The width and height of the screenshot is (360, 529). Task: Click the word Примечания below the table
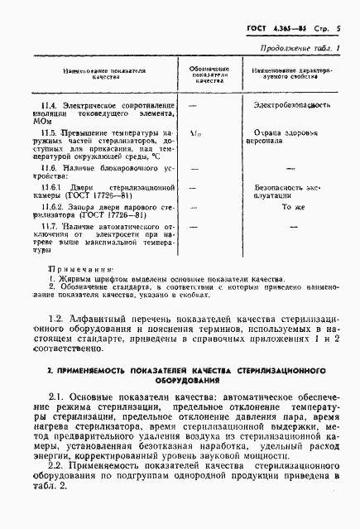[79, 269]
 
